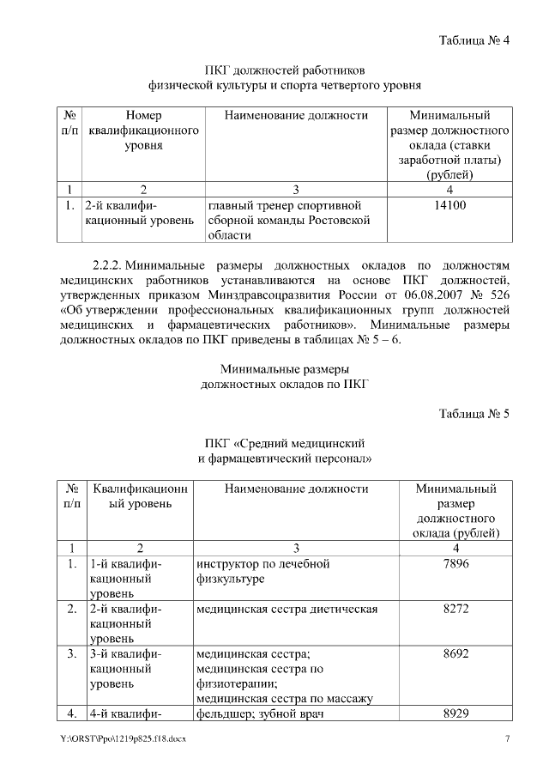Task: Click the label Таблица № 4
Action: [x=474, y=40]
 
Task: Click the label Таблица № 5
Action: [x=474, y=414]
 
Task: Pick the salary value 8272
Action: [x=455, y=609]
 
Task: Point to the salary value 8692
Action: [x=455, y=654]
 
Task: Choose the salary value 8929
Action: [x=455, y=713]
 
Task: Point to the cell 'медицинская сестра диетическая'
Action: [x=287, y=609]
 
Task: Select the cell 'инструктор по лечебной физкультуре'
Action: [x=262, y=572]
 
